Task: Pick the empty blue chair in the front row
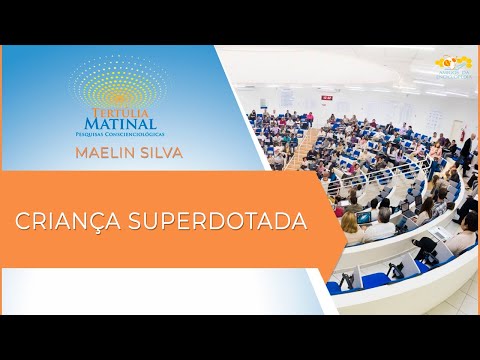(x=375, y=279)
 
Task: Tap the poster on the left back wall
(x=262, y=103)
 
